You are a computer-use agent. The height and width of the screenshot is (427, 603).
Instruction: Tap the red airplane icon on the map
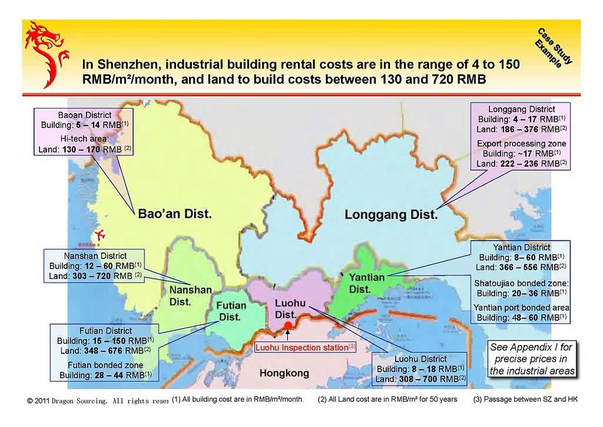click(99, 234)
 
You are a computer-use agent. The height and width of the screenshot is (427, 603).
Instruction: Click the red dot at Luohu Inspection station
click(288, 326)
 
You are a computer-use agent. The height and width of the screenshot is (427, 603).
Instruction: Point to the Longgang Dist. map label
click(391, 215)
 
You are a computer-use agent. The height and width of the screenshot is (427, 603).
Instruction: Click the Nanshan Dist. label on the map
click(190, 295)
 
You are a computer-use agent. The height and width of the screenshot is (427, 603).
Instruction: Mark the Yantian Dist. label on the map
click(367, 283)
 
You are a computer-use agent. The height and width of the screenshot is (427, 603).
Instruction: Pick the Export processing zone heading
click(521, 144)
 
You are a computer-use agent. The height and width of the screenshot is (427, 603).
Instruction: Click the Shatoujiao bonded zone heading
click(521, 283)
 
